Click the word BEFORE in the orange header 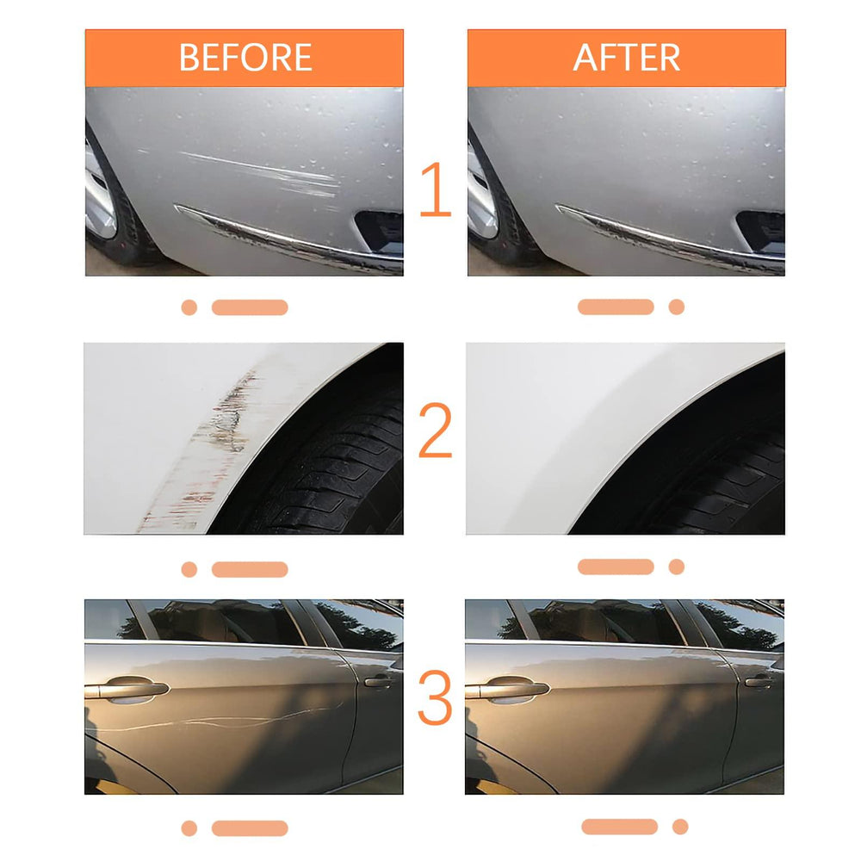tap(245, 58)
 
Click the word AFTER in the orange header tap(626, 58)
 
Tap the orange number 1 tap(435, 190)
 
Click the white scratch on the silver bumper tap(267, 172)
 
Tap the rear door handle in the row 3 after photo tap(759, 682)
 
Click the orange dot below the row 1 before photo tap(189, 307)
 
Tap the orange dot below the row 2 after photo tap(677, 567)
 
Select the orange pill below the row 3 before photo tap(250, 828)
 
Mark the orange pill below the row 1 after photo tap(616, 307)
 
